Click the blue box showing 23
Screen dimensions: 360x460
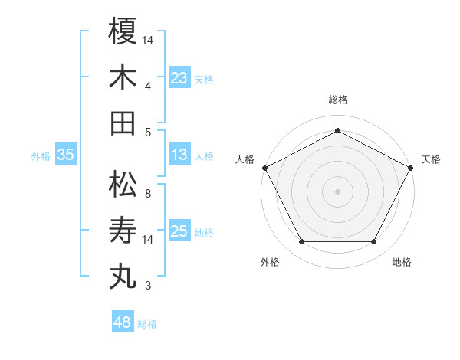(179, 77)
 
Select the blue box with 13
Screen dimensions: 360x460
(179, 155)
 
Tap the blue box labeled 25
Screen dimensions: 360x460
(179, 232)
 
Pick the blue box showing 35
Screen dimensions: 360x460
(66, 155)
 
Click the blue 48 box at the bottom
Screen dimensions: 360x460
(123, 322)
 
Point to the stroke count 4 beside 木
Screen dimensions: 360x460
(149, 87)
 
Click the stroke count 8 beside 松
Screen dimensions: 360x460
(149, 195)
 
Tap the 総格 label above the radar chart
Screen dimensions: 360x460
(338, 100)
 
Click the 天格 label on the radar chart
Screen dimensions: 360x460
(431, 159)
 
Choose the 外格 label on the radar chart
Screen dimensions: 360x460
(270, 262)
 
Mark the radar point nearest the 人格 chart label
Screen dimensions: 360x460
(264, 167)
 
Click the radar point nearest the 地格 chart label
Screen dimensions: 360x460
(374, 242)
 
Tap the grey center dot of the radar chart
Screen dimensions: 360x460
(338, 191)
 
